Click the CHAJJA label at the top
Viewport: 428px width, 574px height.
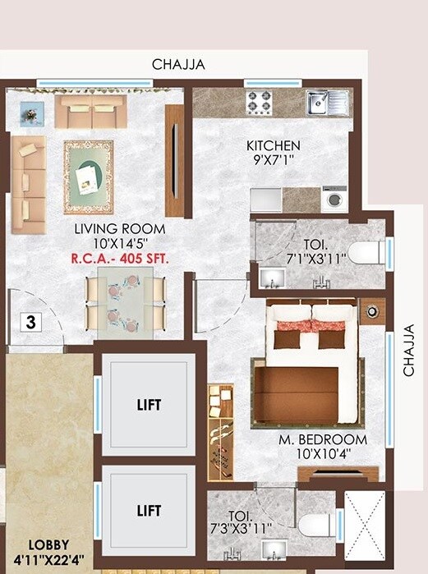click(x=177, y=64)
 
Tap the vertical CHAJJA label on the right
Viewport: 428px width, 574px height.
click(x=408, y=349)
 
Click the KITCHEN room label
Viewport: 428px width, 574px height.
click(x=274, y=145)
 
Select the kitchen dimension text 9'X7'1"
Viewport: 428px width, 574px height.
click(x=274, y=160)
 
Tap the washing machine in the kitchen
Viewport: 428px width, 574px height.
click(x=334, y=199)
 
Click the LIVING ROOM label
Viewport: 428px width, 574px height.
click(x=119, y=228)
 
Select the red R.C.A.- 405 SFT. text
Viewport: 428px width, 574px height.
click(x=120, y=258)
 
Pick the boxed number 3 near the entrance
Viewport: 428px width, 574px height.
click(x=30, y=321)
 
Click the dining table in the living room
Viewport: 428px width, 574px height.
click(x=126, y=302)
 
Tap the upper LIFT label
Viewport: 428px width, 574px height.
click(x=149, y=405)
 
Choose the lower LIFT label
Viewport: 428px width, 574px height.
click(x=149, y=511)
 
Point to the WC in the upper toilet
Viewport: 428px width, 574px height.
click(x=365, y=251)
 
